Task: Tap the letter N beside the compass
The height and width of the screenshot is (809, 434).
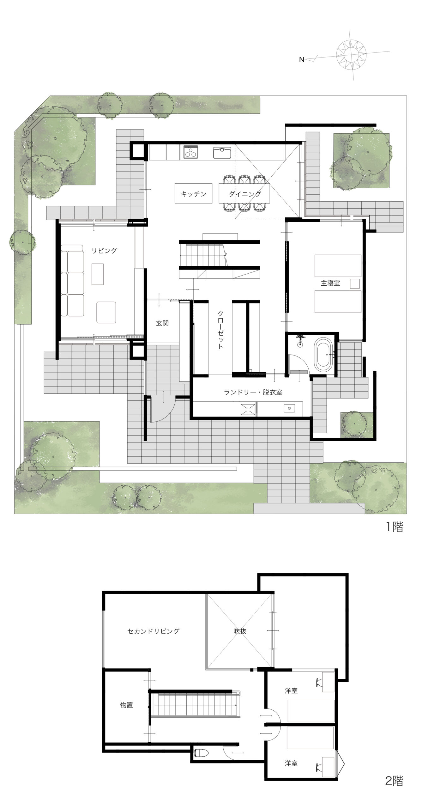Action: (x=302, y=59)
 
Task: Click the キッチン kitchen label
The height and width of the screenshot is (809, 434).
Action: (x=194, y=194)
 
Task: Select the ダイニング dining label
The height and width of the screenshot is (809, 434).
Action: (x=245, y=194)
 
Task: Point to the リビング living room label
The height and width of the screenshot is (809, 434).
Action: (x=104, y=251)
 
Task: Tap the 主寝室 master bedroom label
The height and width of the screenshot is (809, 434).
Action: (x=330, y=283)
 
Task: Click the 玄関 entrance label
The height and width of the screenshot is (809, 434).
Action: (x=162, y=323)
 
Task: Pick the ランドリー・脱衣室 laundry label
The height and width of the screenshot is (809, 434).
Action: (x=253, y=392)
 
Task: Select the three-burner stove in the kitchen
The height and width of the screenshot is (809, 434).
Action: (x=190, y=152)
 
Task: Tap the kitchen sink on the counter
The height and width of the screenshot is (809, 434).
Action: (x=222, y=153)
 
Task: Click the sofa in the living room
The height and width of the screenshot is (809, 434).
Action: (x=72, y=280)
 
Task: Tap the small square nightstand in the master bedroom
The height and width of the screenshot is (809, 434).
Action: (x=355, y=283)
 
